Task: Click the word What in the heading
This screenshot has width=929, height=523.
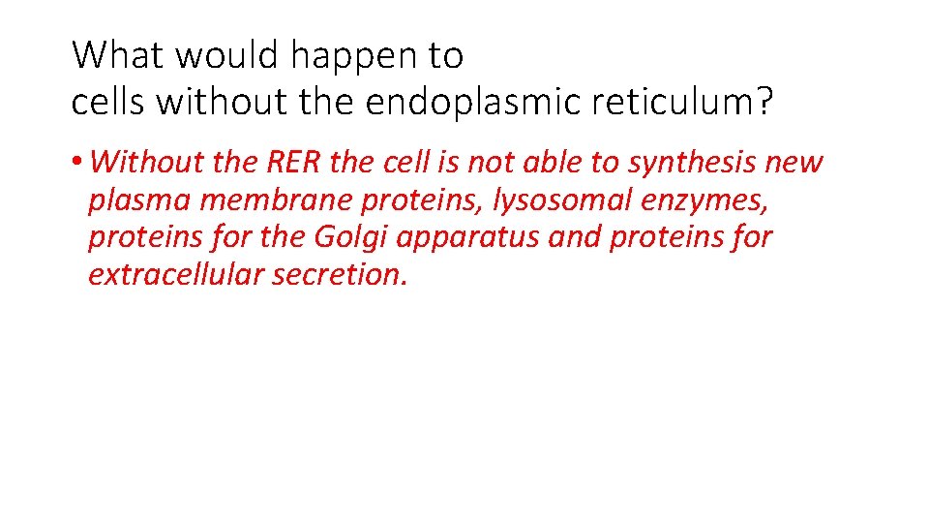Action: click(x=116, y=56)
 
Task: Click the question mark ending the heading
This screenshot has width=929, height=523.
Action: click(x=766, y=102)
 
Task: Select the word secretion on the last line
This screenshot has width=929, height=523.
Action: click(x=341, y=275)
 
